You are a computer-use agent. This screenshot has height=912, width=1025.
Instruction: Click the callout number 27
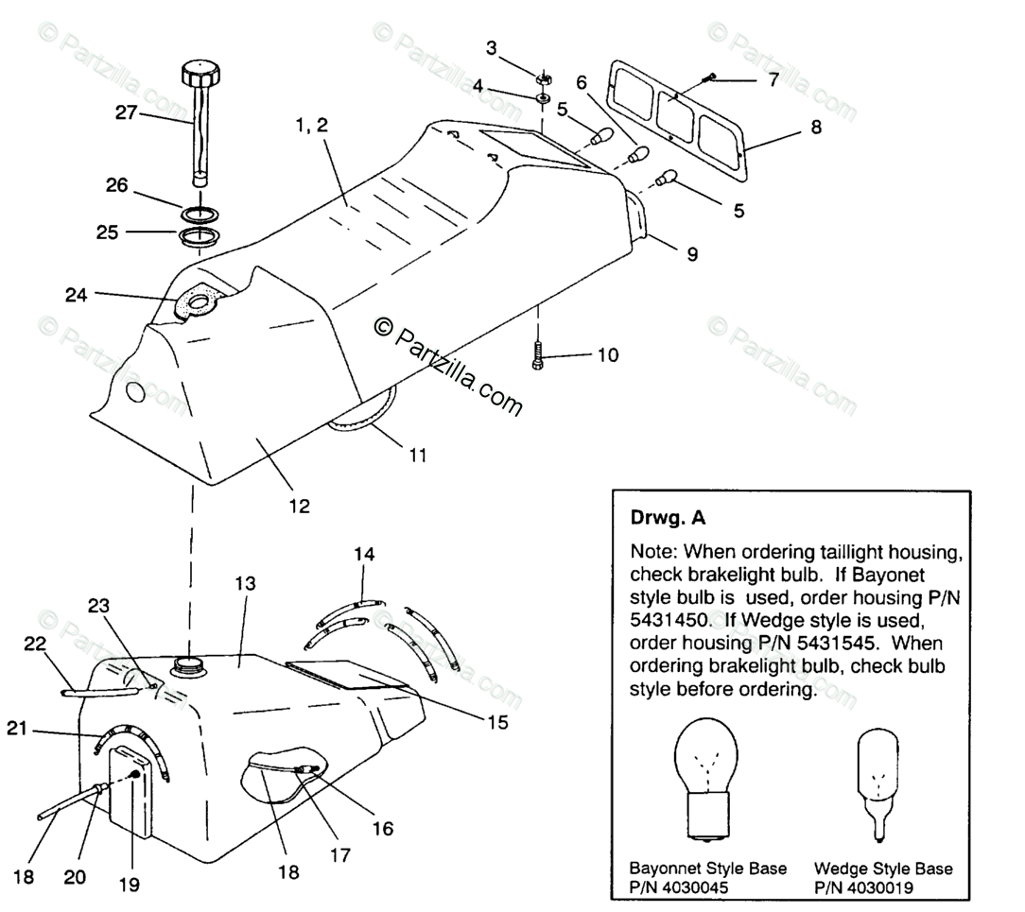coord(126,113)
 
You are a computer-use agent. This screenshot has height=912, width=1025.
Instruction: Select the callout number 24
coord(77,295)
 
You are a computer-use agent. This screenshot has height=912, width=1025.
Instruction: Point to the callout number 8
coord(815,126)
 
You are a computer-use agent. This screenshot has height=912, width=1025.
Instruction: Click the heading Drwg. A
coord(668,518)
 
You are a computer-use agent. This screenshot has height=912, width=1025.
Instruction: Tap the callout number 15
coord(498,723)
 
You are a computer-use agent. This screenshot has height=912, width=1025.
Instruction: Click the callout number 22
coord(35,643)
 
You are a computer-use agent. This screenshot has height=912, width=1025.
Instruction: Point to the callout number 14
coord(363,554)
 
